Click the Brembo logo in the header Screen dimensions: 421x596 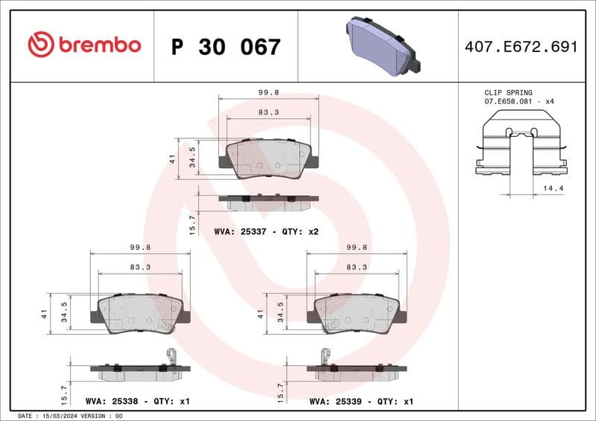83,45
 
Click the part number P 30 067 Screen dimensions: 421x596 226,47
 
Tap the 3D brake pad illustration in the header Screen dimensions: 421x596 381,44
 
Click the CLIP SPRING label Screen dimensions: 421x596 508,93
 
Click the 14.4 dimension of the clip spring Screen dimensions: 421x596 554,189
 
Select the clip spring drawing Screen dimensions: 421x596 521,145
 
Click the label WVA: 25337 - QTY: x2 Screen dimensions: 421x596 266,232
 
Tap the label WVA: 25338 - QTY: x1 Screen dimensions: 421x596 138,401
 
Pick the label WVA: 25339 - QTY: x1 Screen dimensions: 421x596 361,401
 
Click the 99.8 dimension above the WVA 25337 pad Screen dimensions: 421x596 268,93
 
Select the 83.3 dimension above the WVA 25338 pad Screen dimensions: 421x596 140,266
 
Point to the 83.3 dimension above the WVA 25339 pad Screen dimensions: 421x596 356,266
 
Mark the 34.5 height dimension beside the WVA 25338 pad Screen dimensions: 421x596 65,309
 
